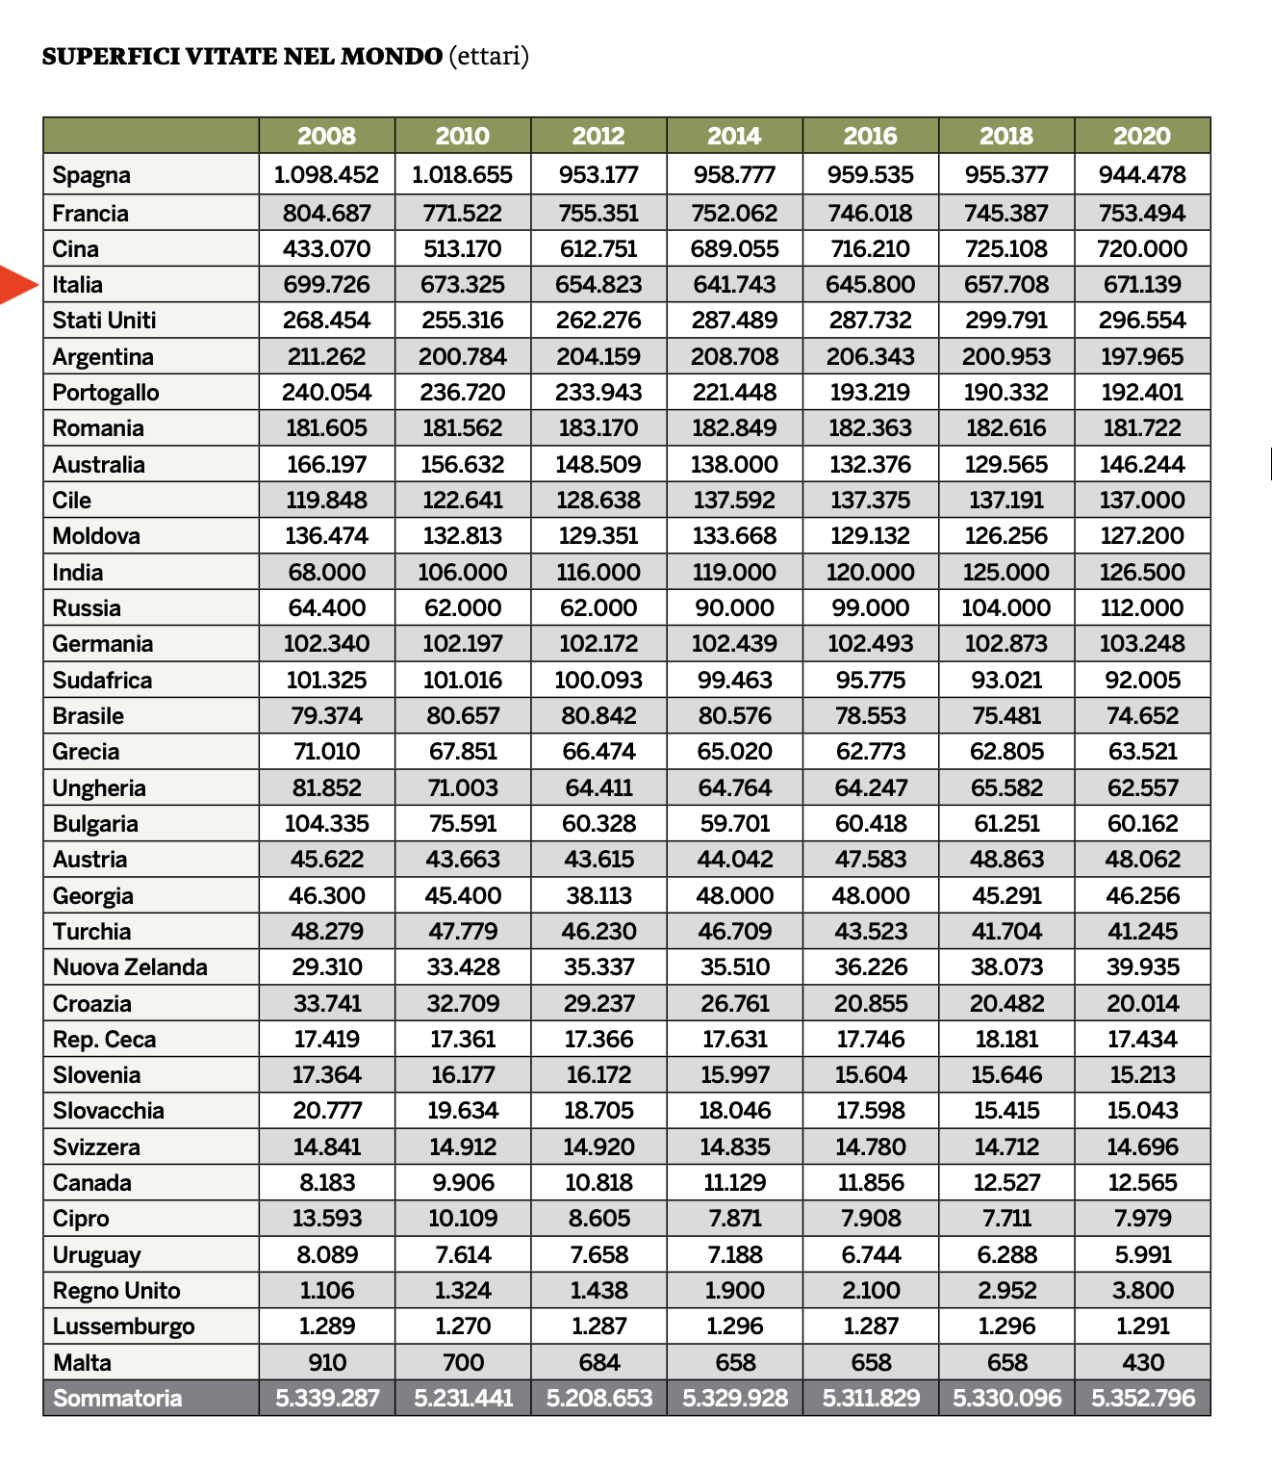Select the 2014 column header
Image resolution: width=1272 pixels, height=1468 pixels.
734,136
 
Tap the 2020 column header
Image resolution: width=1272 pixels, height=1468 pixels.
1142,136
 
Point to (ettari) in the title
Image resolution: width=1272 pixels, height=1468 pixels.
489,57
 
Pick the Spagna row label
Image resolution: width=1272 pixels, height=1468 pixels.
91,175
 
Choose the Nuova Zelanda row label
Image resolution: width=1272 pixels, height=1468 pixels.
130,967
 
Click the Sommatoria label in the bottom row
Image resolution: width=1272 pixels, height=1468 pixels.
117,1399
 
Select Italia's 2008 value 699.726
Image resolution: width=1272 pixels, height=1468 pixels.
327,285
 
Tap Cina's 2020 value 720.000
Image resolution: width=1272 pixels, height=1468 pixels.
1142,249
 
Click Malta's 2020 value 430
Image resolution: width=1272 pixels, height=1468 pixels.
1142,1363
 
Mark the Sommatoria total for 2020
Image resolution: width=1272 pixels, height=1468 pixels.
1142,1399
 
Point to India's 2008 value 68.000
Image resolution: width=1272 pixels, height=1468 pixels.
327,573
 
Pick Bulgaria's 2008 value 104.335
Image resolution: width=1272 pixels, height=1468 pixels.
327,824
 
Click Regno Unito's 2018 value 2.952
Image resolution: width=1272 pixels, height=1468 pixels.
1006,1291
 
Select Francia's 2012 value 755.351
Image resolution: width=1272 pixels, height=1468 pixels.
598,214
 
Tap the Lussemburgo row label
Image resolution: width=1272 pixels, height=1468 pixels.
123,1326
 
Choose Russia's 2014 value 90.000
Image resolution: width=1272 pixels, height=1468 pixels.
734,608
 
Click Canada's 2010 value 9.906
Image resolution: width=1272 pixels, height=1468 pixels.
463,1183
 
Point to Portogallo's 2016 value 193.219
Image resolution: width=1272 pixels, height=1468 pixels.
871,393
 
